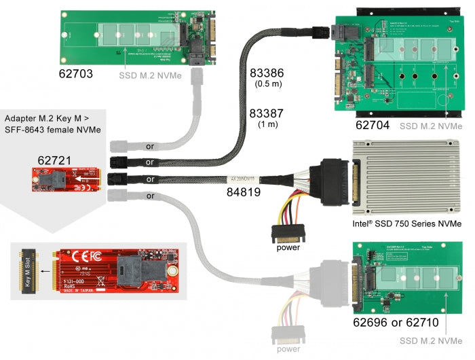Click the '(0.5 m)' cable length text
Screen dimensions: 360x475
268,85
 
